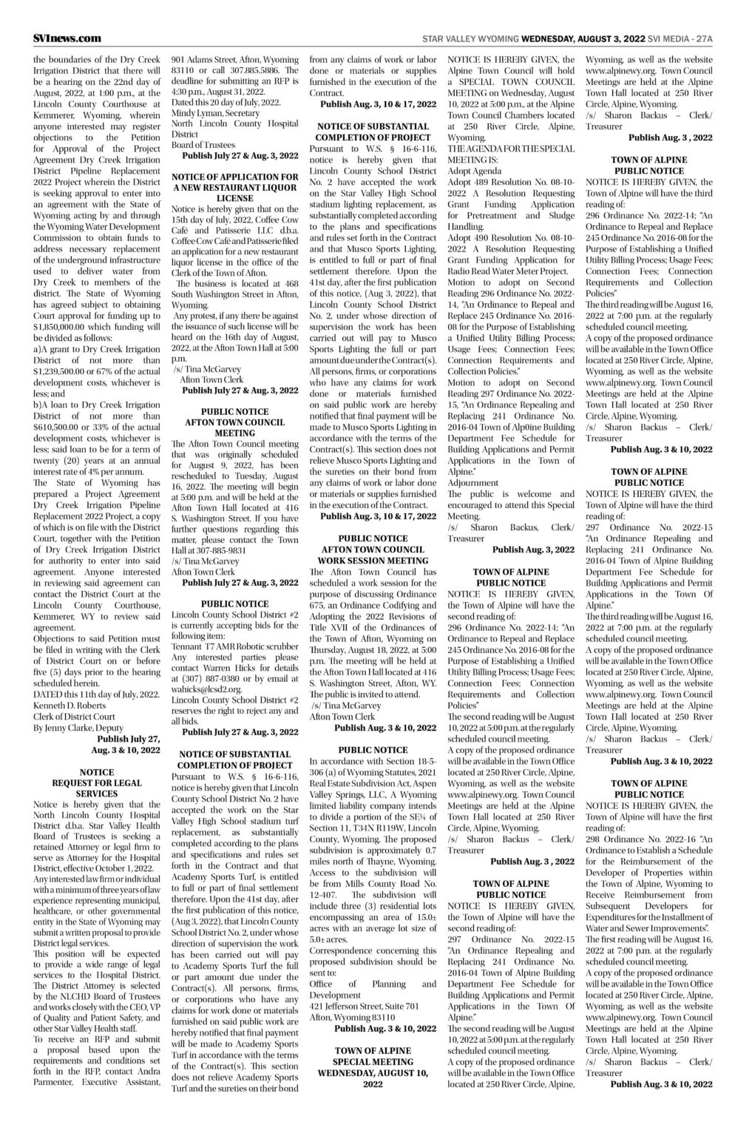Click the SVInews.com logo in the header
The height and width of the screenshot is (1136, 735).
(67, 38)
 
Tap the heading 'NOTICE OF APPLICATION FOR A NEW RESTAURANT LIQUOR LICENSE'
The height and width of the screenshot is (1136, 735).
(234, 188)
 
